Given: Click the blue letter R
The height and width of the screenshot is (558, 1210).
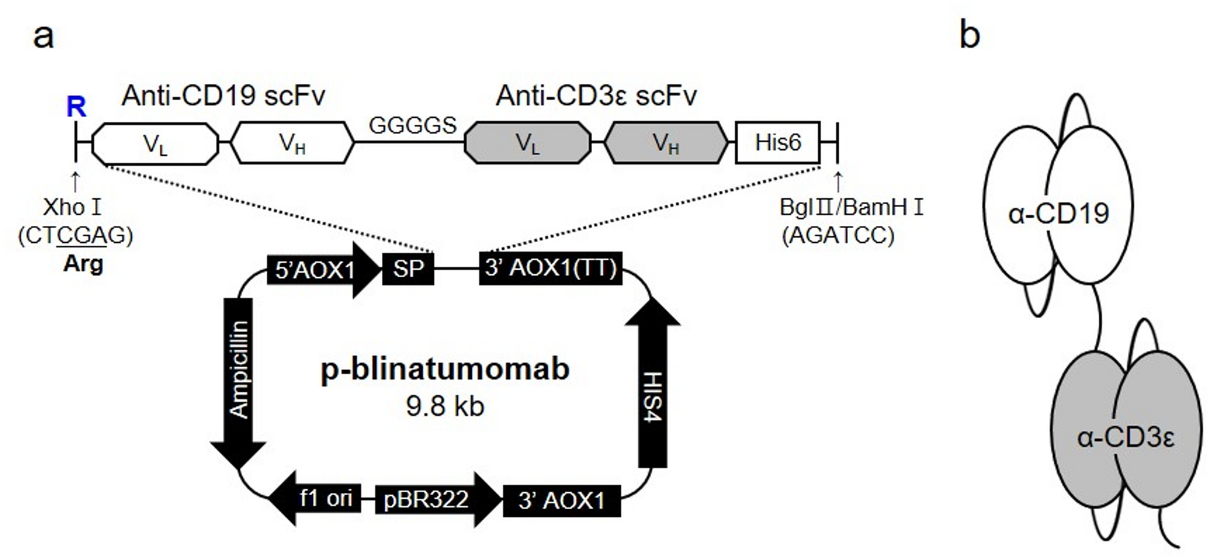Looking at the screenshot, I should (76, 108).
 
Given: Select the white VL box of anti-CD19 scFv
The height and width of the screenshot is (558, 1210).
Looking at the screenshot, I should (155, 143).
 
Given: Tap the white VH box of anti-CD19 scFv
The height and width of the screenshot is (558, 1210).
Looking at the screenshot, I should (292, 143).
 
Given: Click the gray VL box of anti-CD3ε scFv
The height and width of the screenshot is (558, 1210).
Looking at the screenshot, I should (527, 143).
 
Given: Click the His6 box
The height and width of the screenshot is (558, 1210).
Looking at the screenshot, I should (777, 142).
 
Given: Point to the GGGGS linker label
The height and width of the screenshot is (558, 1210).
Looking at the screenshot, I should (413, 126).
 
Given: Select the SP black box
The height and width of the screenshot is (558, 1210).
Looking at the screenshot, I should (408, 269).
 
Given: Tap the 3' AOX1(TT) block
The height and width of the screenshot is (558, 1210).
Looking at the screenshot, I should (550, 268).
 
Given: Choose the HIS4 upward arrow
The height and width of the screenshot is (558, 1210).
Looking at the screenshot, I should (653, 388).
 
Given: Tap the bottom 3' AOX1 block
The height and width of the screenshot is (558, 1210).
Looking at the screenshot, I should (561, 501).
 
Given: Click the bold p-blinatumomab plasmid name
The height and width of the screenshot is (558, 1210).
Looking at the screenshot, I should (445, 369).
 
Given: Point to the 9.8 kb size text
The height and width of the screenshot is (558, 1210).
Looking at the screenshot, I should (445, 406).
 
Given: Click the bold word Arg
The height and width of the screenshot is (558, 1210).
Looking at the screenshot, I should (83, 263).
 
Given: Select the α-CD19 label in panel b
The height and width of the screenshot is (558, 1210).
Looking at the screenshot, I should (1058, 214).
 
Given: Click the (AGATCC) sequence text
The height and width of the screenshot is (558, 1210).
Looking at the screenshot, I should (838, 236).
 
